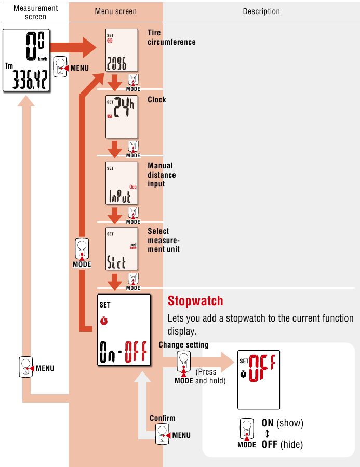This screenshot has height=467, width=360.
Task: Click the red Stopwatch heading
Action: tap(195, 301)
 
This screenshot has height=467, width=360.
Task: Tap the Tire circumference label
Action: tap(171, 37)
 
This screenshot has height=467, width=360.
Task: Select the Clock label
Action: tap(157, 99)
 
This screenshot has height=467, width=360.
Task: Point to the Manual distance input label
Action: tap(162, 175)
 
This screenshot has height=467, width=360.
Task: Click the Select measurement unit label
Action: tap(164, 240)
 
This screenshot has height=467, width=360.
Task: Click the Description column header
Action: tap(261, 11)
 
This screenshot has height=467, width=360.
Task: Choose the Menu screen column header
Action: tap(116, 11)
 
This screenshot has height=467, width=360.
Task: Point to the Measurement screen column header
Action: tap(35, 12)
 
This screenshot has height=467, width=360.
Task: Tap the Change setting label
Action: tap(183, 345)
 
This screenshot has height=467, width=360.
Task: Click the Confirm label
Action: tap(163, 418)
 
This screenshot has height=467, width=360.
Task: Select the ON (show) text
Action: tap(282, 423)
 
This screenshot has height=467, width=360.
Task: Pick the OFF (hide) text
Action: tap(282, 444)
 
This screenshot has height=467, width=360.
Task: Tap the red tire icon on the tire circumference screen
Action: tap(110, 41)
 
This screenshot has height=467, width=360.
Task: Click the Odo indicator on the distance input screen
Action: tap(133, 185)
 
